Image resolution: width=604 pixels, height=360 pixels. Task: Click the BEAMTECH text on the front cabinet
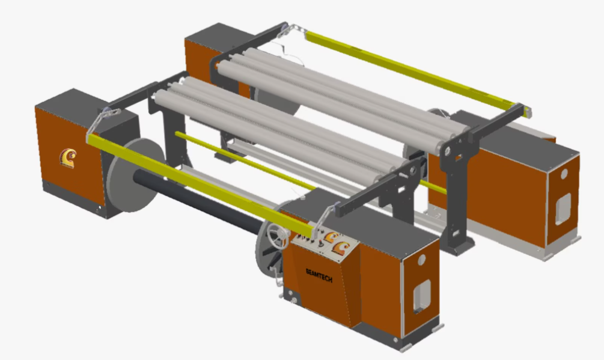(x=319, y=275)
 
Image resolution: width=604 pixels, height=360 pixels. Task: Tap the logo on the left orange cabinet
(x=68, y=158)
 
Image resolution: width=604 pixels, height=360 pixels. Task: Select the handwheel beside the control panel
(x=278, y=236)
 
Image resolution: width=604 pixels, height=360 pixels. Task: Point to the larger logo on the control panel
(x=341, y=248)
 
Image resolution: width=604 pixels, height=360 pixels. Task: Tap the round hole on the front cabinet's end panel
(x=422, y=260)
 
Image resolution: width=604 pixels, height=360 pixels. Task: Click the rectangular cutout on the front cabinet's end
(x=422, y=296)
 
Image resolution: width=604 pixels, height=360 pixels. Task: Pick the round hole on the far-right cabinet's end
(x=564, y=174)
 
